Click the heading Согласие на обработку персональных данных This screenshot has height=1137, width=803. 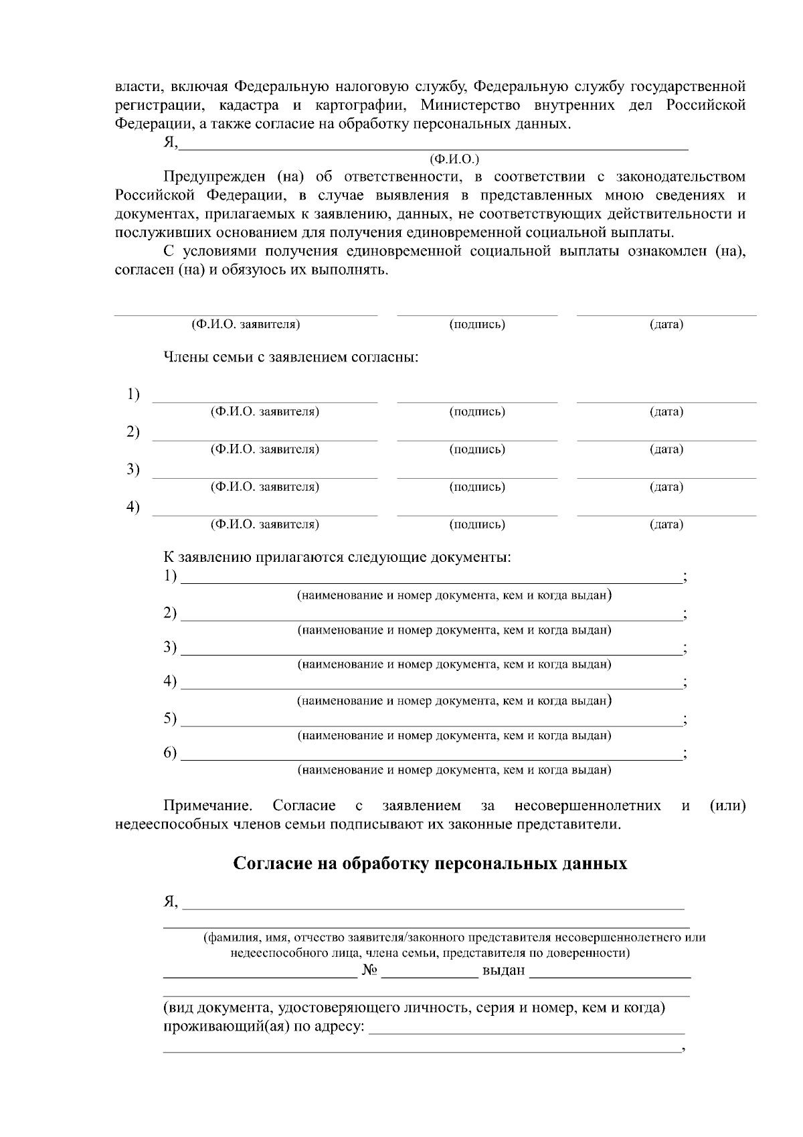[430, 864]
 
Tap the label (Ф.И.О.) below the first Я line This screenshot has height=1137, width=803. [454, 159]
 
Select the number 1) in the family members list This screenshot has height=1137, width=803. [134, 394]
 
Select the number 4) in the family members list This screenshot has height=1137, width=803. [134, 507]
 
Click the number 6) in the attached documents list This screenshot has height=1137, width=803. [171, 753]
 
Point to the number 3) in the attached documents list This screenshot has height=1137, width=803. [171, 647]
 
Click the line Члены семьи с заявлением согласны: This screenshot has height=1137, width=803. [291, 357]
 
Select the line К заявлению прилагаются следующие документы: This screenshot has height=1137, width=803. [337, 557]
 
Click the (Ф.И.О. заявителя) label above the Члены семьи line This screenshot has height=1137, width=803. [246, 325]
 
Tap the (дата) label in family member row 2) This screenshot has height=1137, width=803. [666, 449]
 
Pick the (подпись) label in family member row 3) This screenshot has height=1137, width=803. [476, 487]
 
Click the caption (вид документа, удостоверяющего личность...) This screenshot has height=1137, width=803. [414, 1008]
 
